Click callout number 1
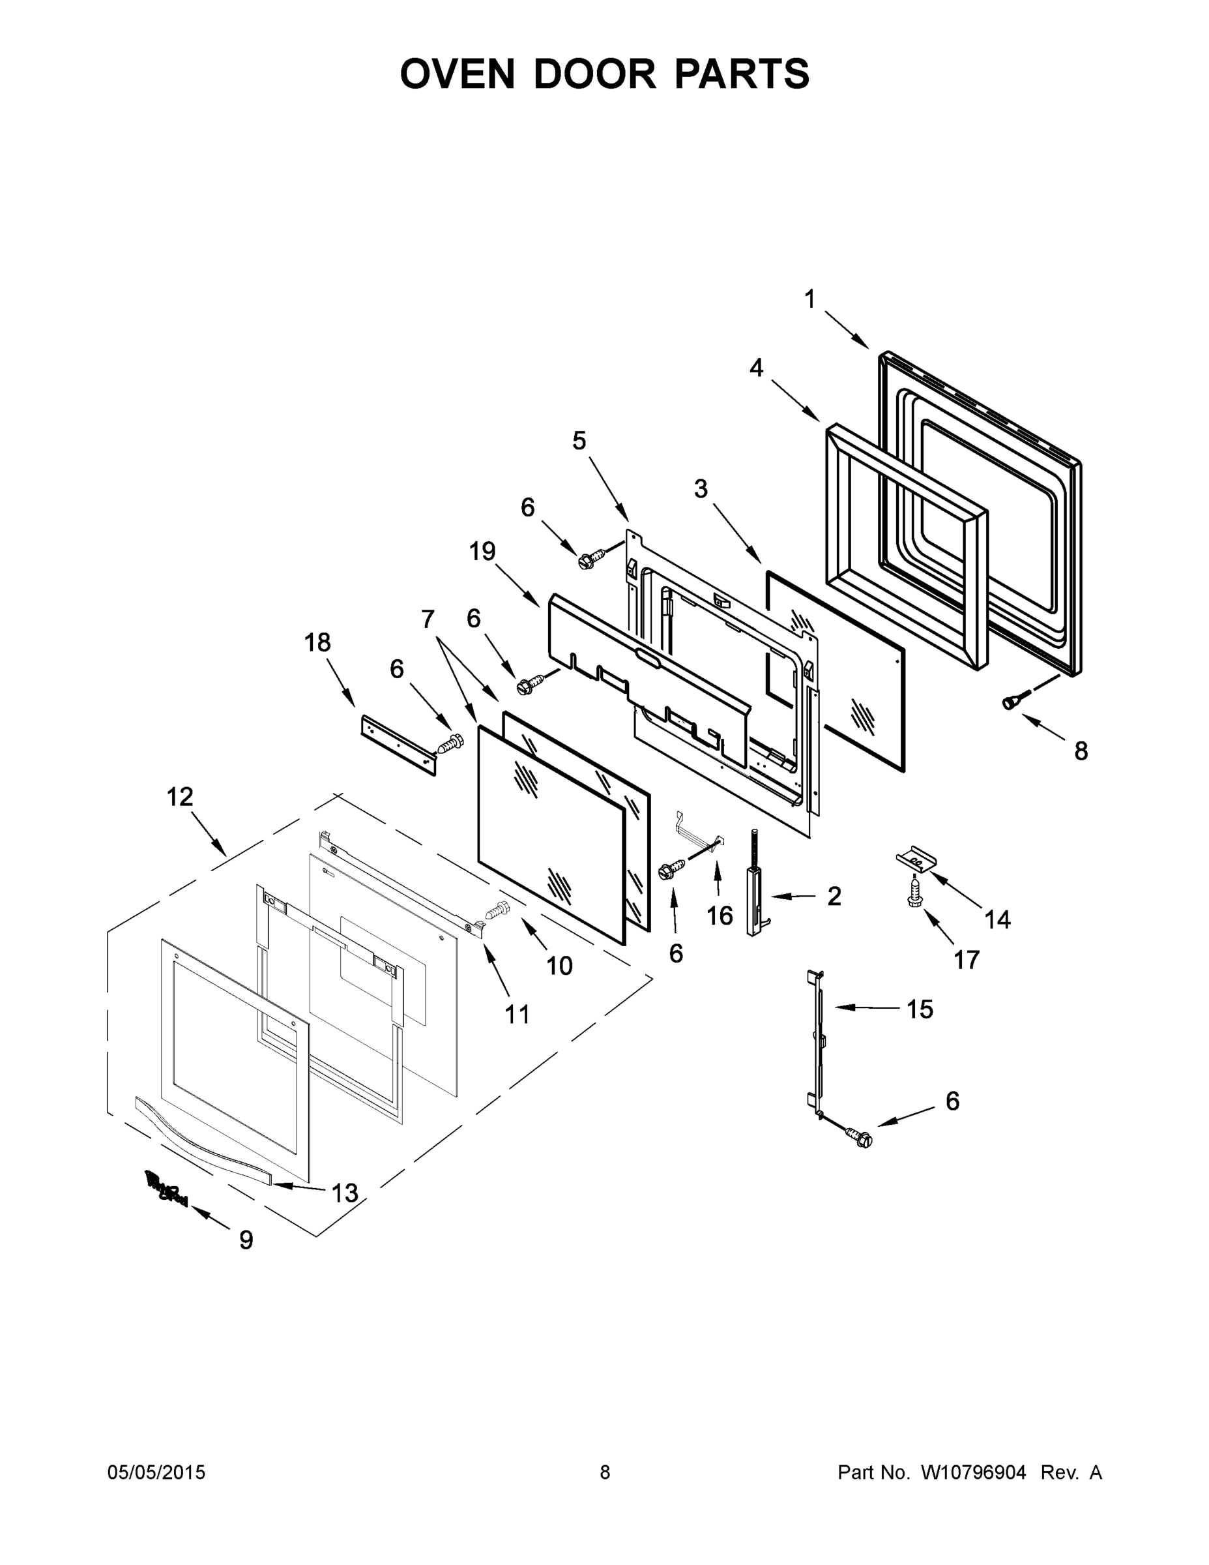(810, 299)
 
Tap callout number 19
(483, 552)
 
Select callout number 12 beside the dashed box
(180, 797)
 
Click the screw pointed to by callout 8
(1011, 703)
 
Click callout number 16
(720, 915)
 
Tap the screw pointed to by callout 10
(497, 912)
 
